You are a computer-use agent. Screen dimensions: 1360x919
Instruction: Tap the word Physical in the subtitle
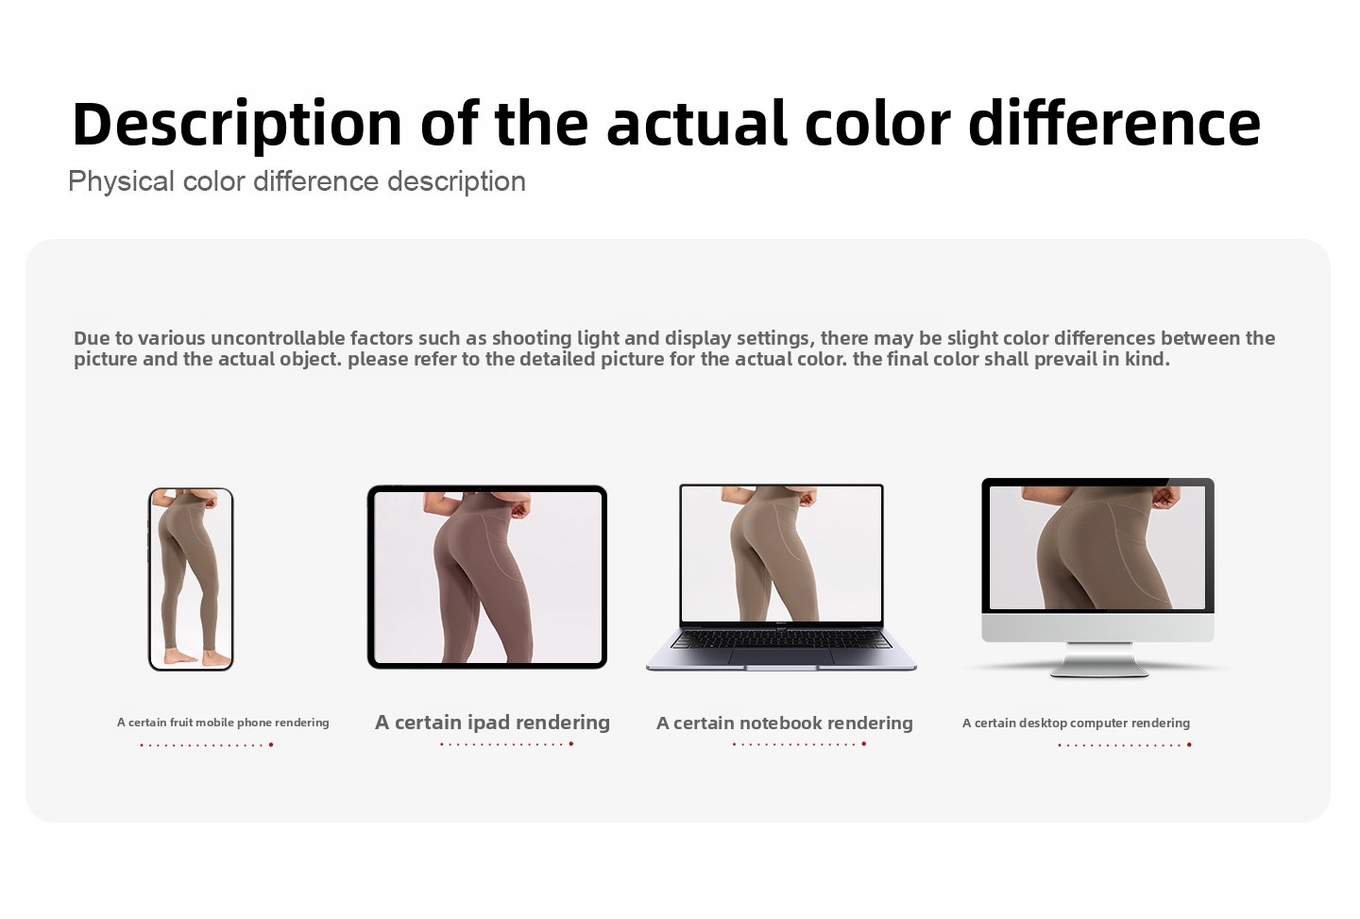[121, 181]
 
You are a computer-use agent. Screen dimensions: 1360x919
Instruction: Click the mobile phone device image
[191, 579]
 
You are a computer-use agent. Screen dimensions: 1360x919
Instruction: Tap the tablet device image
[487, 577]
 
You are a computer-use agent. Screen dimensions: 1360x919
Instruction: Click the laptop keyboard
[781, 638]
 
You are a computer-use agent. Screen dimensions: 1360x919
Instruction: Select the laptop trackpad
[781, 655]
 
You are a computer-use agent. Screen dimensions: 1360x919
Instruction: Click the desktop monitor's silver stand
[1098, 659]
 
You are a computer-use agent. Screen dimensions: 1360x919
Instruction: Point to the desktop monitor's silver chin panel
[1097, 628]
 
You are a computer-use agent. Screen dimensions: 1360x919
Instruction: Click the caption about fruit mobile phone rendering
[223, 723]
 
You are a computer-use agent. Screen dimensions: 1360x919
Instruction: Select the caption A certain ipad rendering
[492, 723]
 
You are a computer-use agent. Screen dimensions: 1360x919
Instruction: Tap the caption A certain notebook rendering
[785, 723]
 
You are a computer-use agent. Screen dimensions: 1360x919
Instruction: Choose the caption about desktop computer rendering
[1076, 723]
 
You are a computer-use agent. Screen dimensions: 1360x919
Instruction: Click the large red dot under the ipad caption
[571, 743]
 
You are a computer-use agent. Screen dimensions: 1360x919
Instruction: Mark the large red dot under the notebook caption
[864, 743]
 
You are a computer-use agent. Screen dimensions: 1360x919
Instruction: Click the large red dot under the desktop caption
[1189, 745]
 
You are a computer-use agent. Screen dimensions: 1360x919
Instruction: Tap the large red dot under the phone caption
[271, 745]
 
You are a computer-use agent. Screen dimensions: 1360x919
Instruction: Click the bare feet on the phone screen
[197, 657]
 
